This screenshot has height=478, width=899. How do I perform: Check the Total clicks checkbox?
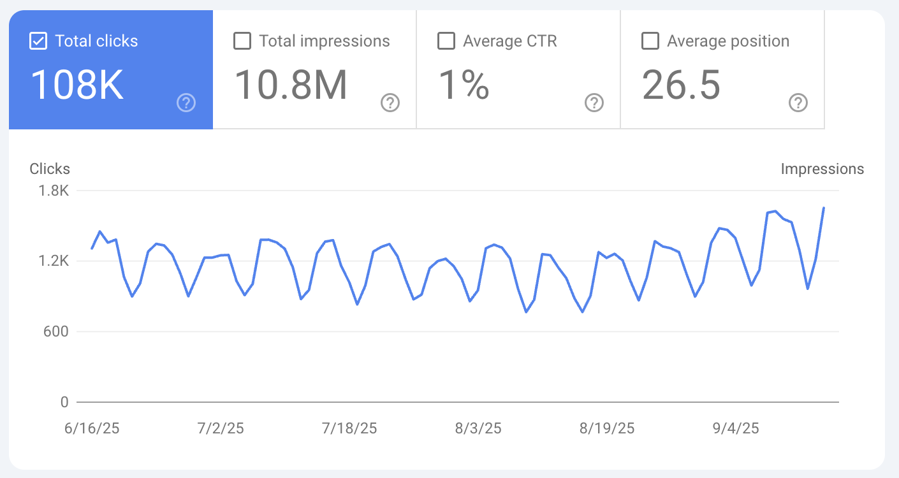(38, 41)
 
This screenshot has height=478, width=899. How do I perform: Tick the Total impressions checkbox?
(242, 41)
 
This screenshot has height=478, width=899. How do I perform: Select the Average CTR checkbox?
(446, 41)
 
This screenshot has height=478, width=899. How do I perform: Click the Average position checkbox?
(650, 41)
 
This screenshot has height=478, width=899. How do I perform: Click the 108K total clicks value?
(77, 85)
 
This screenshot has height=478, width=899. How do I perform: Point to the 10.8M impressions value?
(291, 85)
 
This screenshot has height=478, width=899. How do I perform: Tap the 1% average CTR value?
(464, 85)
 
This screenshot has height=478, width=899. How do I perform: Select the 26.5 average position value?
(681, 85)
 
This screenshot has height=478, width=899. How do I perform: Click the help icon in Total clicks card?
(186, 103)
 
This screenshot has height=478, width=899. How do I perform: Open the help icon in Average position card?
(798, 103)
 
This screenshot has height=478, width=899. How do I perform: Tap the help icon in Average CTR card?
(594, 103)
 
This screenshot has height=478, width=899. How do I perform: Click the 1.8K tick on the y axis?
(54, 191)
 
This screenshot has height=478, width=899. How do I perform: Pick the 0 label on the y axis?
(64, 402)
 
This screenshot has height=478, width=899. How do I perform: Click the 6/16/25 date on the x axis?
(92, 428)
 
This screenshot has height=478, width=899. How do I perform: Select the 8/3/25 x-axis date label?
(478, 428)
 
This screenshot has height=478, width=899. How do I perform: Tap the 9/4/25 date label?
(736, 428)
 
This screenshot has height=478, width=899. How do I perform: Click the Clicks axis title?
(50, 169)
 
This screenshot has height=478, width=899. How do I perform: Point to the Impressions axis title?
(822, 169)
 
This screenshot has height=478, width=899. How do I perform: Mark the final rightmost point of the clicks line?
(824, 208)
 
